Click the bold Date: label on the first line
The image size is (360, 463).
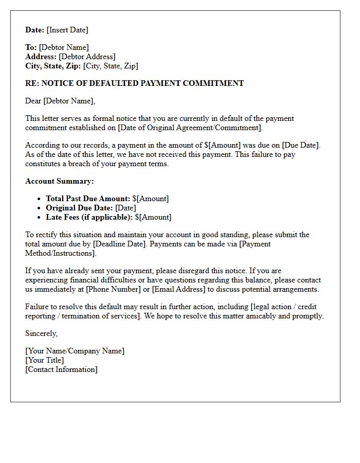[x=35, y=30]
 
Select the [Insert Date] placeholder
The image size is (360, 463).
[x=67, y=30]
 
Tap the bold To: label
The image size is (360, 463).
[x=31, y=47]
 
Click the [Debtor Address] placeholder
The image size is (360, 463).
[x=87, y=57]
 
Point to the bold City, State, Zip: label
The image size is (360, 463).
[x=53, y=66]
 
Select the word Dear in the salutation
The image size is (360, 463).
[x=33, y=101]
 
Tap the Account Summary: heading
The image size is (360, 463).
[x=60, y=181]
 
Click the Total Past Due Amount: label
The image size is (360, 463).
[x=88, y=199]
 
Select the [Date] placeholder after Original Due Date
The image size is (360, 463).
[x=125, y=208]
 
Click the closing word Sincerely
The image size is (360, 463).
[x=41, y=333]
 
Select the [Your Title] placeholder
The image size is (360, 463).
[x=45, y=360]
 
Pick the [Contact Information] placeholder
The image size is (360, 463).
[x=61, y=369]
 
